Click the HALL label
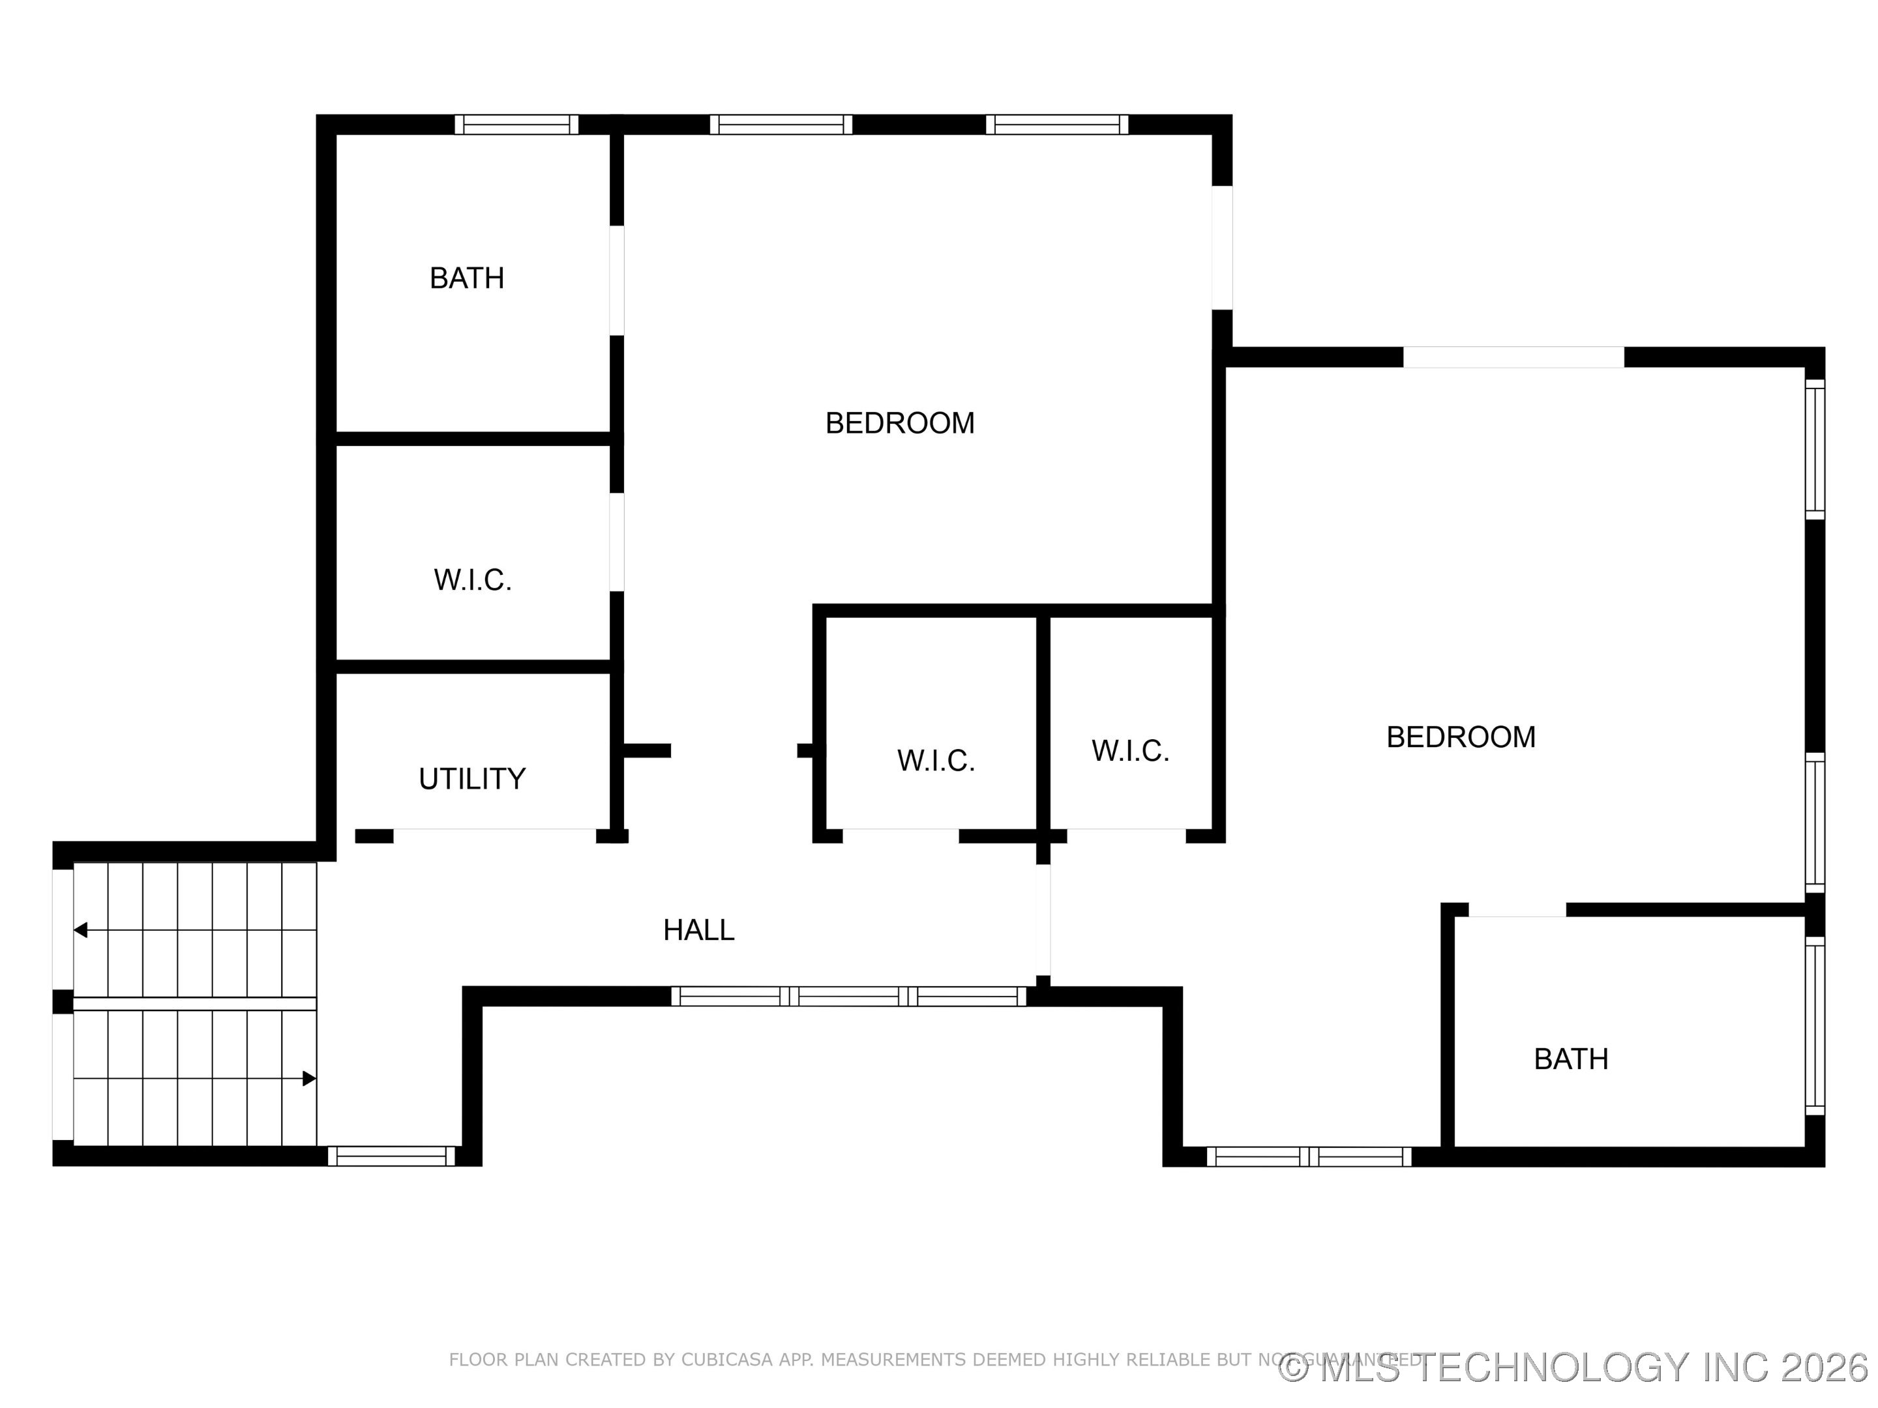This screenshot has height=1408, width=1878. click(698, 930)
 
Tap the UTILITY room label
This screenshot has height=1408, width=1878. click(472, 778)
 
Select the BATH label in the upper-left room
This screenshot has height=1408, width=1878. click(467, 278)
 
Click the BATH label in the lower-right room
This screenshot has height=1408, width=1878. click(1571, 1059)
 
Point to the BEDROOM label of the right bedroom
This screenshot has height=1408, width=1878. click(1460, 737)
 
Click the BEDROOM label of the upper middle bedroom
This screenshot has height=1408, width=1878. click(900, 422)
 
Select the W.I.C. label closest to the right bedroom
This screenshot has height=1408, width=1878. click(1130, 750)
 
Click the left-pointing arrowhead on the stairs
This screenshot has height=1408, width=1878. click(81, 930)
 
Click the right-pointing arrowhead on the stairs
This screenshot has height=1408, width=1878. click(310, 1079)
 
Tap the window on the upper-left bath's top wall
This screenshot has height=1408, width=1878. click(516, 125)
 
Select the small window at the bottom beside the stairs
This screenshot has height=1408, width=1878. click(391, 1156)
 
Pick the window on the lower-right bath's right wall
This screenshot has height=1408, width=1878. click(1814, 1025)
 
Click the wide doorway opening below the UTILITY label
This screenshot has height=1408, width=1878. click(494, 835)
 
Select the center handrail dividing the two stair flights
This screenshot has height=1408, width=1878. click(194, 1003)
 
